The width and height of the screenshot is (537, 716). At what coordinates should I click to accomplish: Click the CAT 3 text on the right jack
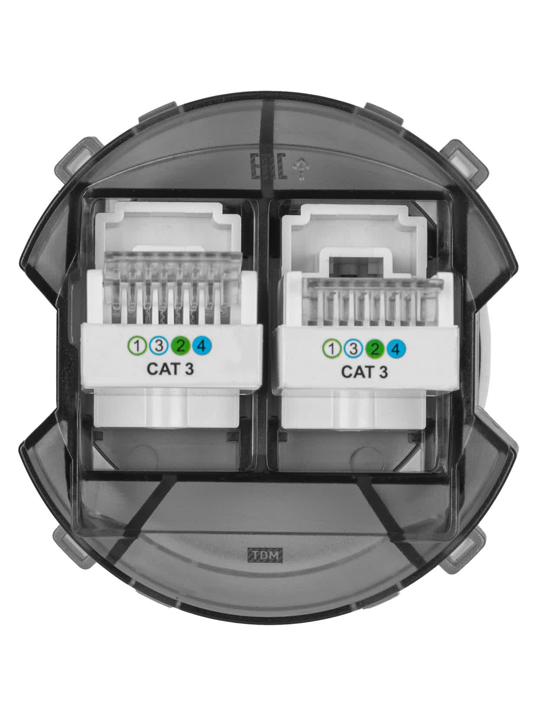click(x=364, y=372)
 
